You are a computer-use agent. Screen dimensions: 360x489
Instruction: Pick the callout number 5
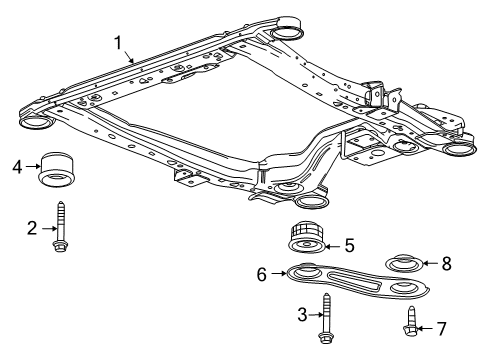point(349,243)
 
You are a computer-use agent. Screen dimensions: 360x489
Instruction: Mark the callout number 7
point(442,327)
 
